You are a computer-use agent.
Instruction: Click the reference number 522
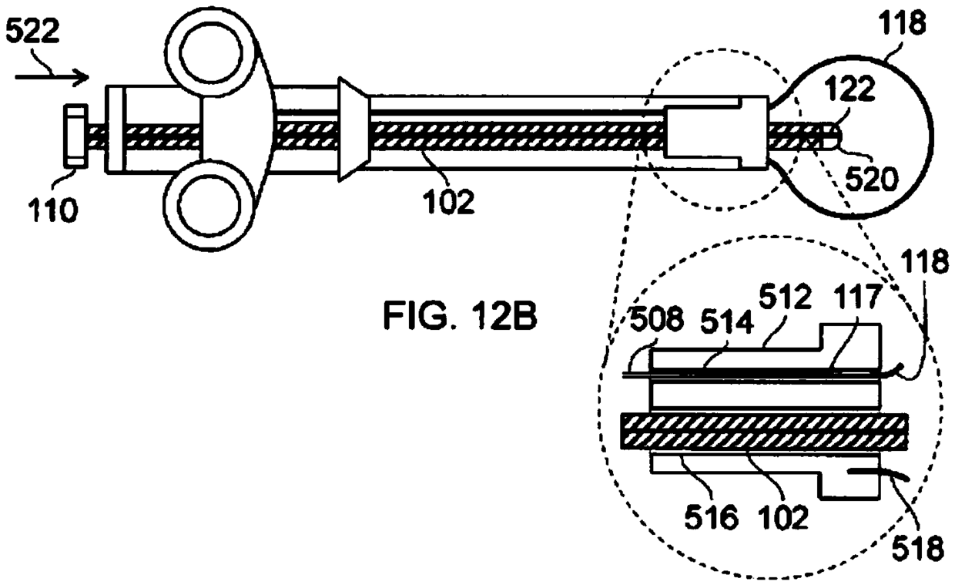coord(32,31)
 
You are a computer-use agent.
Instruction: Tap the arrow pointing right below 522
coord(52,77)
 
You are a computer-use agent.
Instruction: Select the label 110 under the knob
coord(52,210)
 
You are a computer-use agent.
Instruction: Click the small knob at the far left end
coord(75,136)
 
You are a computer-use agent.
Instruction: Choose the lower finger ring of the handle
coord(209,206)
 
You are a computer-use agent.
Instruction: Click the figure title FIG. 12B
coord(460,315)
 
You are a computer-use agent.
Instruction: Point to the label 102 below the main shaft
coord(448,201)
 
